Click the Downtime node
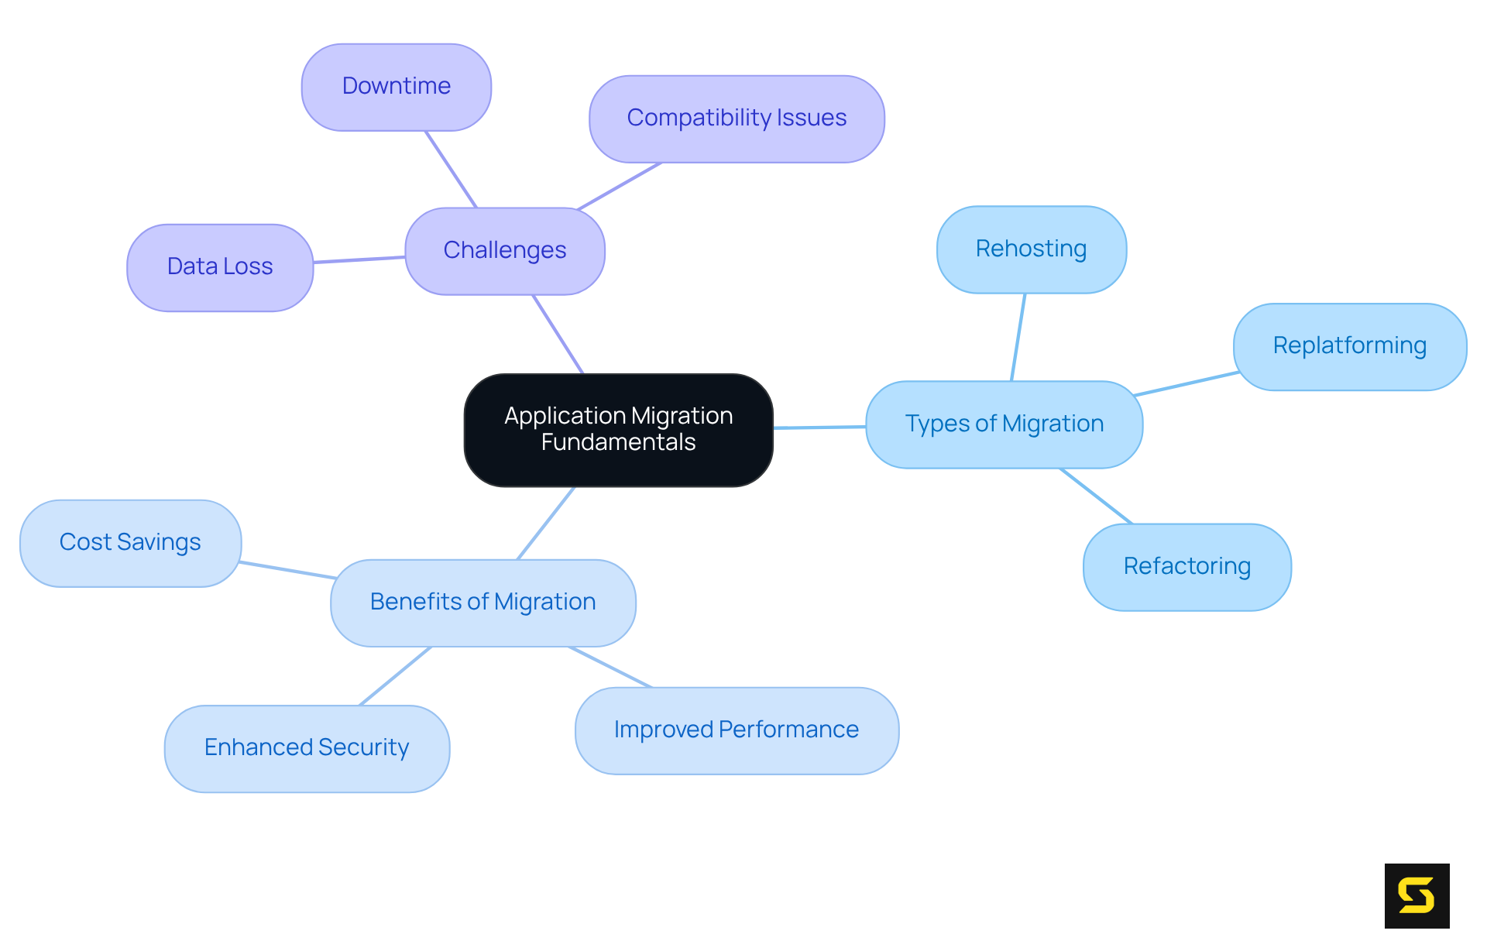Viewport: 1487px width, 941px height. click(396, 87)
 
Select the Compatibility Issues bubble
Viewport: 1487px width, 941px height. click(737, 118)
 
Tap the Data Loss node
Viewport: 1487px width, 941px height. click(220, 267)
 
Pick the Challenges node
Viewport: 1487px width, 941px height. click(504, 251)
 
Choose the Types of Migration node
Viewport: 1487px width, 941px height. click(1004, 424)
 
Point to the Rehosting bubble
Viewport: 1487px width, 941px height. click(1031, 249)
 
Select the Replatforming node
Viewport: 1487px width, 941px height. click(1349, 346)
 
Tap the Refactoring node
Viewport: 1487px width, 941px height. click(1187, 567)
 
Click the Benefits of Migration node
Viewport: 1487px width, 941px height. click(483, 603)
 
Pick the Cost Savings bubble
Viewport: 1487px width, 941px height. click(130, 543)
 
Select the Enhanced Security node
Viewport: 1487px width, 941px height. click(307, 748)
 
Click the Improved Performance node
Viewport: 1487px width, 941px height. click(736, 730)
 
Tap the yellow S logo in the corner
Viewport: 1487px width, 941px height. click(1417, 895)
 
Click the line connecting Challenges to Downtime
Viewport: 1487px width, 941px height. click(451, 169)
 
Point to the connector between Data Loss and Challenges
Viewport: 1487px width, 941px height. click(359, 259)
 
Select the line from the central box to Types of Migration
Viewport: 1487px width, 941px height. click(819, 427)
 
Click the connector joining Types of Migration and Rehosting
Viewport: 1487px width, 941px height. click(1018, 337)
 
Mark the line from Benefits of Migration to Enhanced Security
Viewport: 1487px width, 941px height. click(395, 676)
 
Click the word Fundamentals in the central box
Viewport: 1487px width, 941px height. click(618, 442)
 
